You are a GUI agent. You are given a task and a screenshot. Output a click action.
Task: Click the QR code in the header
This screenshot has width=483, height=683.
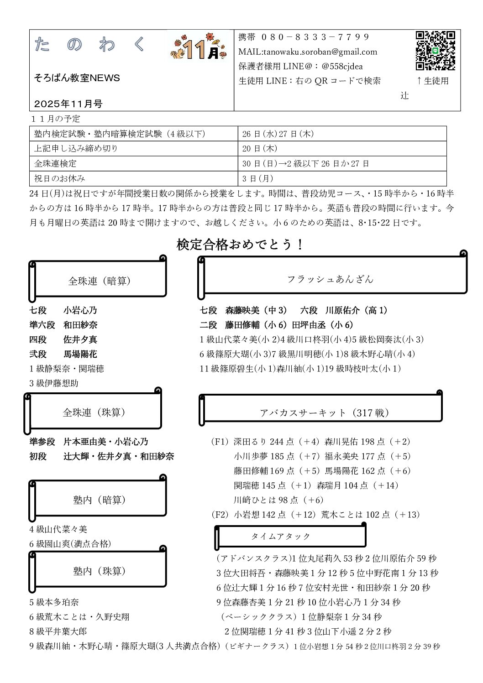(435, 50)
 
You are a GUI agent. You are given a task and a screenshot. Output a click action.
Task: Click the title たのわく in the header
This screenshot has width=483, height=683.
(89, 45)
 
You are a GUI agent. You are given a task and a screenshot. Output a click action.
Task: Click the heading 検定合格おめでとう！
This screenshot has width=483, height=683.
(240, 245)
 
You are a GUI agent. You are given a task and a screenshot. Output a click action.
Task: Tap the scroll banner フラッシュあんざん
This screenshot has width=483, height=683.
(330, 279)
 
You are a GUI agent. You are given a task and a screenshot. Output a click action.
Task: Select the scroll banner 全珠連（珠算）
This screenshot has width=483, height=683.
(94, 412)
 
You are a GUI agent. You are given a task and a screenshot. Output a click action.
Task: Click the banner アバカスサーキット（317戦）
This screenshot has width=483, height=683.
(324, 412)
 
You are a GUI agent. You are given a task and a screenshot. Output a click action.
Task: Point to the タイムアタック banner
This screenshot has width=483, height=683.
(281, 536)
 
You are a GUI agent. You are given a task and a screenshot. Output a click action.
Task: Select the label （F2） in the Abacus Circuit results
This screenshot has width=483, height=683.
(220, 515)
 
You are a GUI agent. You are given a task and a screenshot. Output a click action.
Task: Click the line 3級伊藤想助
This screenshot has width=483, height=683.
(54, 383)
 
